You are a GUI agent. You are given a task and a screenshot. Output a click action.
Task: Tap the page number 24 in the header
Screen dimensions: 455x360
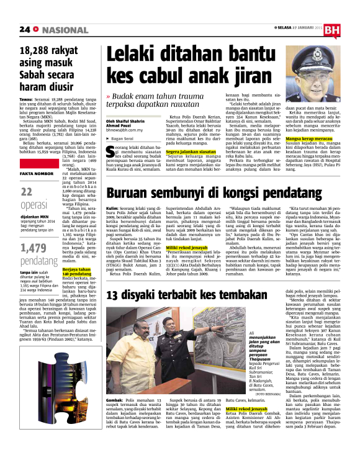click(x=24, y=29)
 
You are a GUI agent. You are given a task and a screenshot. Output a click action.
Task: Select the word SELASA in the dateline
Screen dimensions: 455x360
click(x=285, y=29)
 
